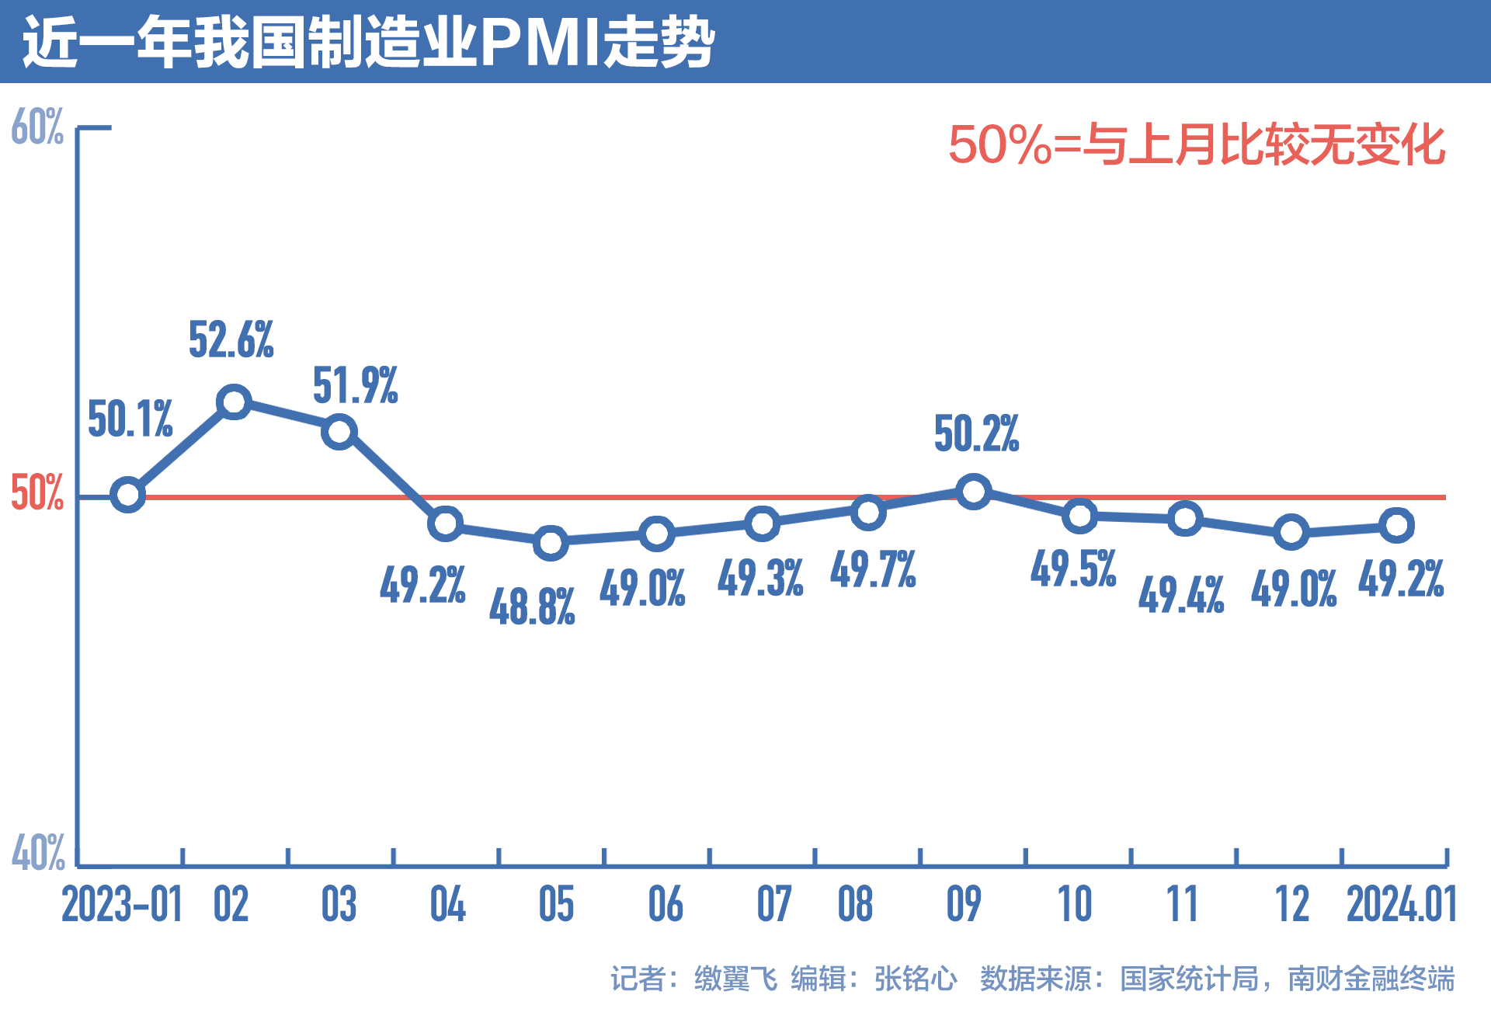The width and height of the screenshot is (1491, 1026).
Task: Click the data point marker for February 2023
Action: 234,402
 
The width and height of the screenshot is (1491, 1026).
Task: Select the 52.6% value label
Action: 231,340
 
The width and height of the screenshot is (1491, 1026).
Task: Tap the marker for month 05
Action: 551,542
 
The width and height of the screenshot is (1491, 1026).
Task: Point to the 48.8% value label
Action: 532,607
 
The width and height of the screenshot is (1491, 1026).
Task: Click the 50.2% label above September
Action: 976,433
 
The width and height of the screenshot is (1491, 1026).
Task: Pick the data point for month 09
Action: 973,492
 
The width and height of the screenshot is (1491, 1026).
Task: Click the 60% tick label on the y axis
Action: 37,127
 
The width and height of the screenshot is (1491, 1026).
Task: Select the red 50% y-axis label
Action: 36,492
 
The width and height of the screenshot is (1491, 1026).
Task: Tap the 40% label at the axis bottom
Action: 37,853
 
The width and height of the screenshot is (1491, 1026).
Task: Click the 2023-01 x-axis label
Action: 122,905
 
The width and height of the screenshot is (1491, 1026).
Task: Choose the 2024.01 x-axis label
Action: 1401,905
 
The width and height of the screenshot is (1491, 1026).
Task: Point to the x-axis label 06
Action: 666,905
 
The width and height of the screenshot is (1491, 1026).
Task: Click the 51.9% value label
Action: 355,386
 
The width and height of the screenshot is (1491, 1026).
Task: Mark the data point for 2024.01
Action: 1396,526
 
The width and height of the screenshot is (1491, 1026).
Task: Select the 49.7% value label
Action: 873,569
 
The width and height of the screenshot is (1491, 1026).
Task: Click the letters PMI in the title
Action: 540,42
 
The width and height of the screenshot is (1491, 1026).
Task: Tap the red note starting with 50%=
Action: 1196,144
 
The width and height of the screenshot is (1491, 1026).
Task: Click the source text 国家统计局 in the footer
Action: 1188,979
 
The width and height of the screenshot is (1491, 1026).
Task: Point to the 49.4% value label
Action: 1181,596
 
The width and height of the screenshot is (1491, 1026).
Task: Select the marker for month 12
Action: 1291,532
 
